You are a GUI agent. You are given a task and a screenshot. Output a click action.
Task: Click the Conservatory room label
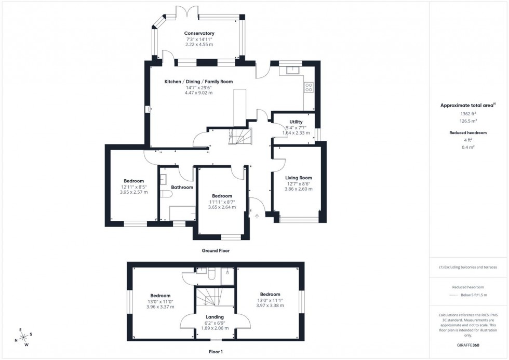click(199, 33)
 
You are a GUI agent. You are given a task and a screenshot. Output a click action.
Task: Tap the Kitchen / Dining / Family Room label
click(198, 82)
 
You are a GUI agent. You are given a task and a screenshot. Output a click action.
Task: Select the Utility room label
click(296, 122)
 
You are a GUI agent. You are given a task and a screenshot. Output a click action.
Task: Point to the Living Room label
click(299, 178)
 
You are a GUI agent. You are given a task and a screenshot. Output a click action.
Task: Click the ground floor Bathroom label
click(182, 187)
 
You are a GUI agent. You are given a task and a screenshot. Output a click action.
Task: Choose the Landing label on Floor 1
click(215, 317)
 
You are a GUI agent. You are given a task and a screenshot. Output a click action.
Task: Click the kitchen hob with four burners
click(309, 87)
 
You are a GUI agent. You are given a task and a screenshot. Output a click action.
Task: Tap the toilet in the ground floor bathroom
click(166, 194)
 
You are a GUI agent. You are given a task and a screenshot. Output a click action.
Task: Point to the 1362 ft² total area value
click(468, 113)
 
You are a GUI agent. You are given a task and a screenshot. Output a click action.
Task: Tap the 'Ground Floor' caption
click(216, 250)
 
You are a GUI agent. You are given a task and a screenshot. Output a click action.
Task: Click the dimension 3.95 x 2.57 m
click(133, 192)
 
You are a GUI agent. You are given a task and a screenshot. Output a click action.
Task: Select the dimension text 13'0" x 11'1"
click(270, 300)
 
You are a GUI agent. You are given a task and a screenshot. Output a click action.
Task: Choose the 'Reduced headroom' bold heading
click(468, 133)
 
